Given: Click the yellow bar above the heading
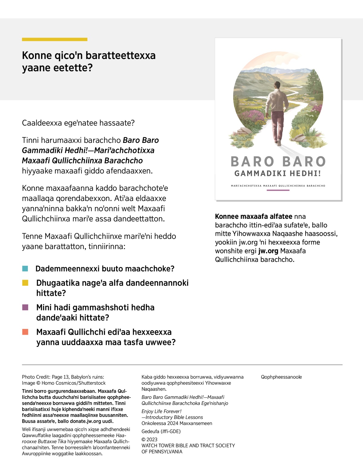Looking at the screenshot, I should pyautogui.click(x=54, y=39).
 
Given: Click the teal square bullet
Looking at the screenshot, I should pyautogui.click(x=25, y=268).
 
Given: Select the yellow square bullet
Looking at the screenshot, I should pyautogui.click(x=25, y=283).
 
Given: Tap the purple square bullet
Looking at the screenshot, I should pyautogui.click(x=25, y=307).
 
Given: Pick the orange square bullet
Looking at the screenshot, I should pyautogui.click(x=25, y=332).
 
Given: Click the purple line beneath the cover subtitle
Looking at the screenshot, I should pyautogui.click(x=278, y=190).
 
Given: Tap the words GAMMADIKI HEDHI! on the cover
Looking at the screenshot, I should pyautogui.click(x=278, y=173).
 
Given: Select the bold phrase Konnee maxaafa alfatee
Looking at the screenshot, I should pyautogui.click(x=253, y=216).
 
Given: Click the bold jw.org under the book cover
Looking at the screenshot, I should pyautogui.click(x=268, y=251).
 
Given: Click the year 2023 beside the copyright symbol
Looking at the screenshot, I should pyautogui.click(x=152, y=439).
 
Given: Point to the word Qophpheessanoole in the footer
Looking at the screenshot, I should pyautogui.click(x=281, y=377).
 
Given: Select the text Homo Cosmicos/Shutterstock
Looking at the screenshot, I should pyautogui.click(x=74, y=383).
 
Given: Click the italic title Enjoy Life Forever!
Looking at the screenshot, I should pyautogui.click(x=161, y=411).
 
